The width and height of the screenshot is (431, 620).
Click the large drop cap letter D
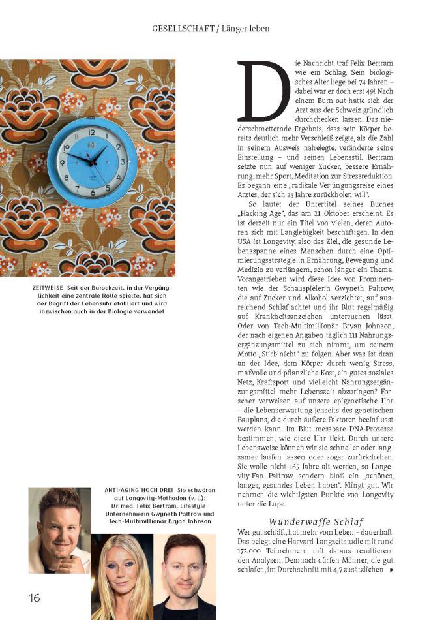click(263, 91)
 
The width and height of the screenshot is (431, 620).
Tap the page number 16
click(34, 598)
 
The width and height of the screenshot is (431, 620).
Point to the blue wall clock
click(92, 159)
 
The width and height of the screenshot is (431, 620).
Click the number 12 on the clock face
click(92, 130)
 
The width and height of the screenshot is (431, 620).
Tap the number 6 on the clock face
click(92, 192)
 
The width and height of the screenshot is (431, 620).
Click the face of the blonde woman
click(122, 566)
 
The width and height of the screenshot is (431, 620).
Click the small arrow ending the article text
click(391, 570)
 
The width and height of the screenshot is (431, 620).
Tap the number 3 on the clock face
click(121, 161)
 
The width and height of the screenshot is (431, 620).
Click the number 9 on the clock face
click(63, 161)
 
